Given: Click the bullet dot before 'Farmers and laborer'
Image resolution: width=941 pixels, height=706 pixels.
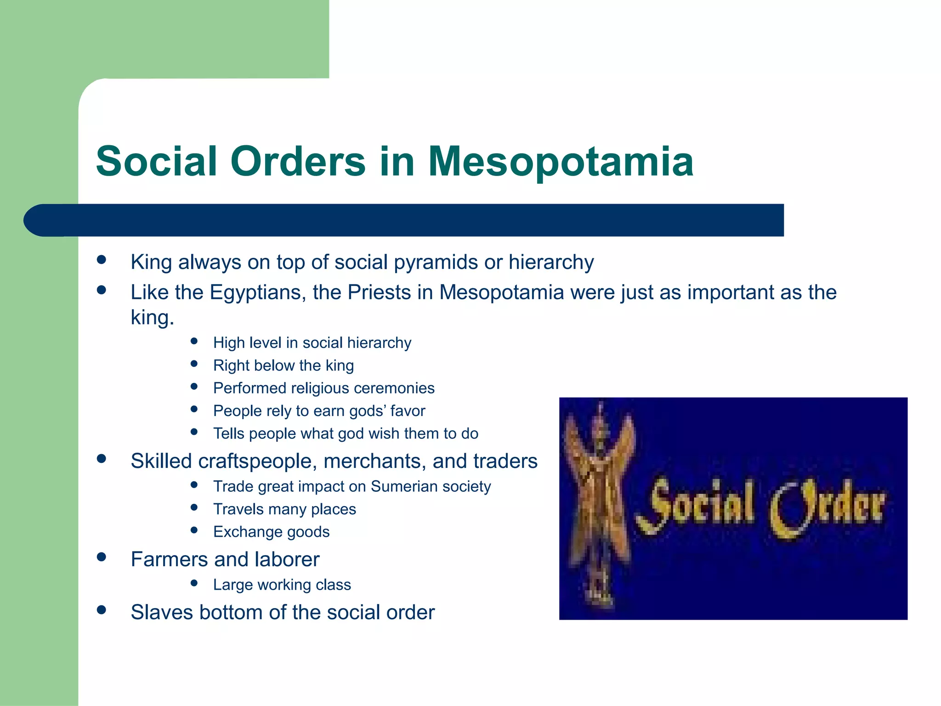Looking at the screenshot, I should coord(102,558).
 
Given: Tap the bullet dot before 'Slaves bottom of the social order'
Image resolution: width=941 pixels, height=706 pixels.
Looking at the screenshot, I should coord(102,610).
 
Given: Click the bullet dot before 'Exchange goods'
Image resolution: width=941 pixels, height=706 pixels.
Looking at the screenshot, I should coord(194,530).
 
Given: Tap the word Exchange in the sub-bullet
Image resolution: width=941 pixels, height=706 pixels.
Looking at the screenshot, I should coord(244,532).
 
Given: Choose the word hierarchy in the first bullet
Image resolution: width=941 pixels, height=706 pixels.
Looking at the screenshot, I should coord(551,262).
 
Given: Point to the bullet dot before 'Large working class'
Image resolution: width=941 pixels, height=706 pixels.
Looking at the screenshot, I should coord(194,583).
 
